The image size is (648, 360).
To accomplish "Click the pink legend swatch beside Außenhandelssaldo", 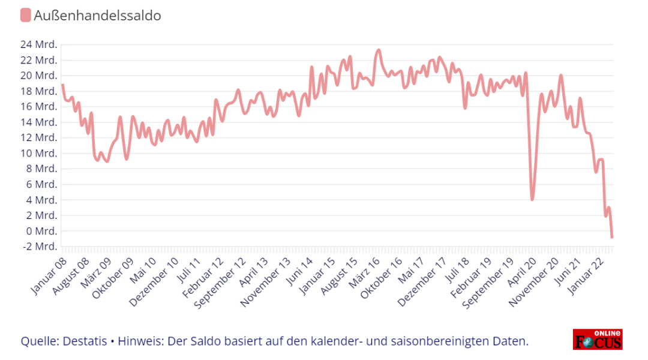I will (25, 16).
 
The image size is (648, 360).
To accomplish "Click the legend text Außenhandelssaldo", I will (97, 16).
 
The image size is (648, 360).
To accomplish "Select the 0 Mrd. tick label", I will (41, 231).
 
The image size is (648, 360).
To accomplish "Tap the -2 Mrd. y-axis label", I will (40, 247).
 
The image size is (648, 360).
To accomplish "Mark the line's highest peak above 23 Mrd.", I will (378, 50).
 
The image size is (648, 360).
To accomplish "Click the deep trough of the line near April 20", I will (532, 199).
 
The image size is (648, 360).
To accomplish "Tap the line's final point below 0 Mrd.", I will (612, 238).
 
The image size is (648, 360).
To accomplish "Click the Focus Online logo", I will (597, 339).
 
